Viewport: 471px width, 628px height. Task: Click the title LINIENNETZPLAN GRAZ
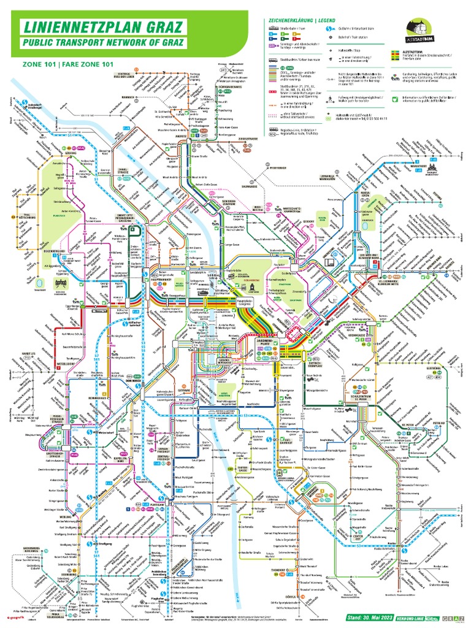coord(103,27)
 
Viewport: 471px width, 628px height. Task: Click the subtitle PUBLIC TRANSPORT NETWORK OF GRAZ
coord(103,44)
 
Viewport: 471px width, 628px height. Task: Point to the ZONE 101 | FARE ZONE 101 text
coord(61,64)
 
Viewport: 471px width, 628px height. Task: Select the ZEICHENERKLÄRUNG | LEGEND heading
coord(298,20)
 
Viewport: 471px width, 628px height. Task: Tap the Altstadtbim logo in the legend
coord(419,29)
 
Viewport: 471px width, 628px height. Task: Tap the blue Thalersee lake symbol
coord(40,283)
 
